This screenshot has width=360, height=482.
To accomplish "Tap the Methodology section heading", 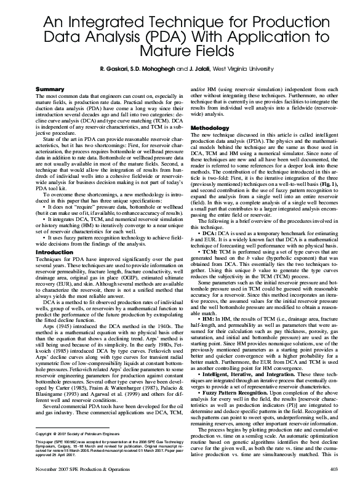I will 210,127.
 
